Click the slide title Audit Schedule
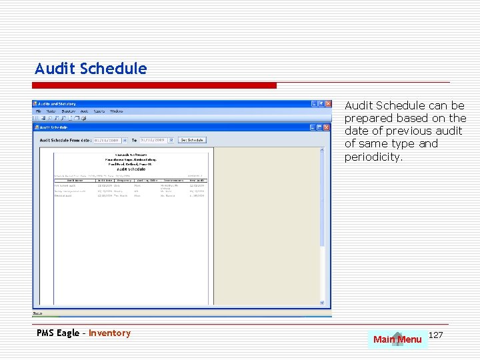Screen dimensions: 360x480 (x=91, y=69)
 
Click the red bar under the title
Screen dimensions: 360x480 (x=155, y=85)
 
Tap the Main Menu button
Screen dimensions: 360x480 (x=397, y=339)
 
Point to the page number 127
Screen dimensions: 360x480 (x=435, y=334)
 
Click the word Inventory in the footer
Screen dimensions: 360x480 (x=110, y=333)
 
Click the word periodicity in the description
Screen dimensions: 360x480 (x=373, y=157)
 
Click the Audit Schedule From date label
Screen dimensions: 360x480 (x=65, y=140)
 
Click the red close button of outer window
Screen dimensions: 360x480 (x=327, y=104)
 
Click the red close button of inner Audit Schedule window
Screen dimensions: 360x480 (x=327, y=127)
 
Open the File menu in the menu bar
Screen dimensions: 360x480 (x=39, y=111)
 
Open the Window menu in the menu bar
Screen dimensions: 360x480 (x=116, y=111)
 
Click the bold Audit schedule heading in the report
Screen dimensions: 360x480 (x=131, y=169)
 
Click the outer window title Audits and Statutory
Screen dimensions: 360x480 (x=57, y=104)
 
